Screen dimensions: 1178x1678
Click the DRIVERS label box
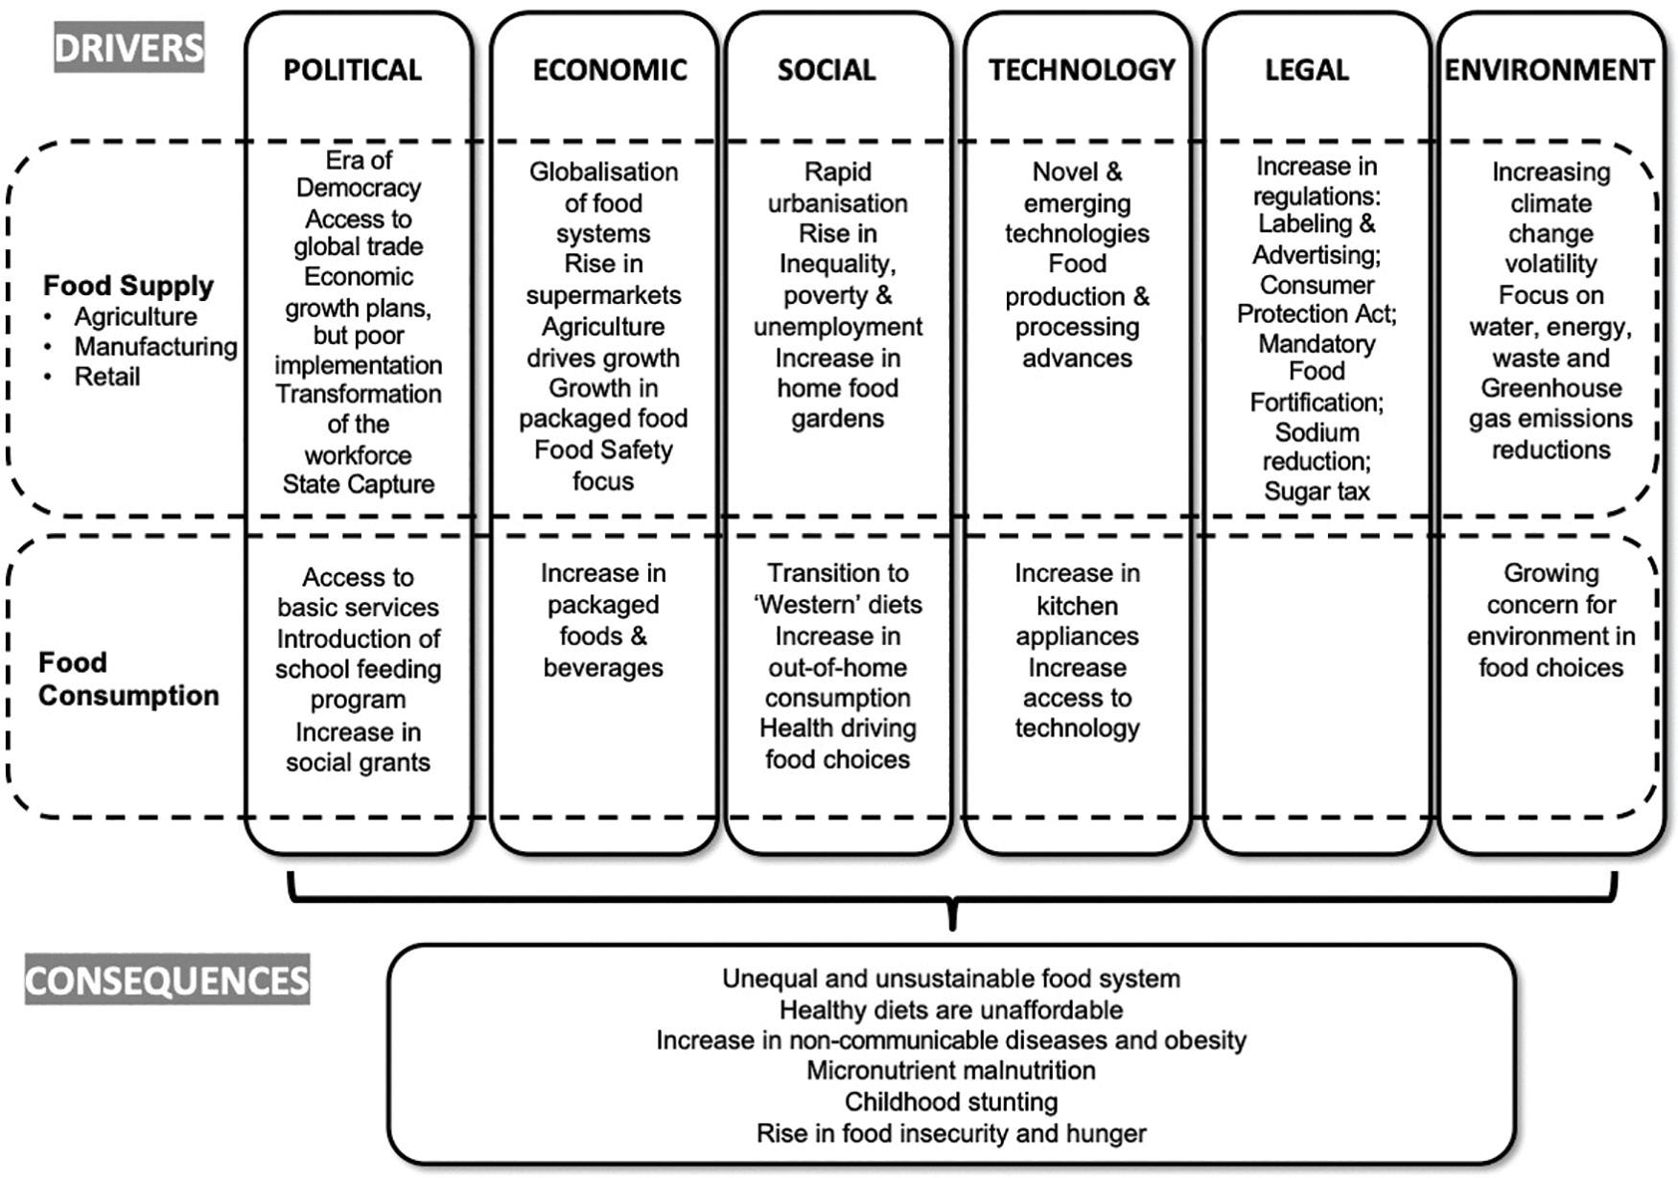(128, 48)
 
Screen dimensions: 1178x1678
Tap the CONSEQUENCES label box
(167, 980)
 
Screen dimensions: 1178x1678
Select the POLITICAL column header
(352, 70)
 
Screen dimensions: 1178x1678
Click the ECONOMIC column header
(610, 70)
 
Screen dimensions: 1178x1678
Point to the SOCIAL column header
(827, 70)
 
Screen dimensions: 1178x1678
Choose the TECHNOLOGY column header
(1082, 70)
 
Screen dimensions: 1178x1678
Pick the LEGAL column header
(1307, 70)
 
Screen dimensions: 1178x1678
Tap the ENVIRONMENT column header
(1550, 70)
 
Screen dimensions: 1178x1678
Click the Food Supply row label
(128, 286)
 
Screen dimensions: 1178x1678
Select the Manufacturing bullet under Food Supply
(155, 346)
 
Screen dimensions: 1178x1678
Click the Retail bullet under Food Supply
(107, 377)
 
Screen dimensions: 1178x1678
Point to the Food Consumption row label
(128, 679)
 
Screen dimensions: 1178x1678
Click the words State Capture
(359, 484)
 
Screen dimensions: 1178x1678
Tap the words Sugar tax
(1317, 492)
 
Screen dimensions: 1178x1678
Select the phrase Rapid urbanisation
(837, 188)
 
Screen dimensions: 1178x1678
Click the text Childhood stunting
(951, 1102)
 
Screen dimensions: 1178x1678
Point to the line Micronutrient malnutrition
(951, 1071)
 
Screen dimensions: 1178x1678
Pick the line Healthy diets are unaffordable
(951, 1010)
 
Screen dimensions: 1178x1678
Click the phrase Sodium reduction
(1317, 447)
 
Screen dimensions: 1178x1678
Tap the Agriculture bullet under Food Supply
(135, 316)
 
